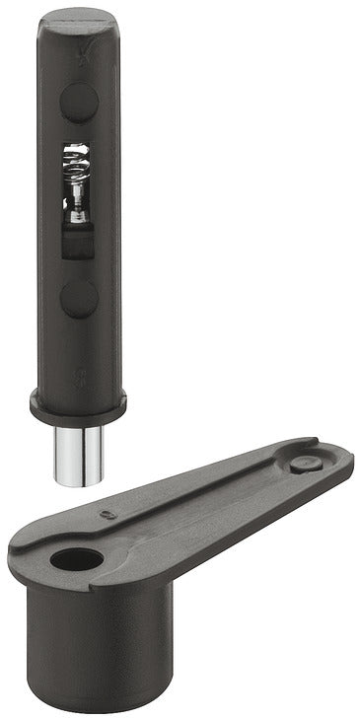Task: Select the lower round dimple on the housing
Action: (79, 298)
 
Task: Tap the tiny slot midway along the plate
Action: (108, 514)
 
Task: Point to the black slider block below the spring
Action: (78, 240)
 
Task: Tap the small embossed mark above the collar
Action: (81, 375)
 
